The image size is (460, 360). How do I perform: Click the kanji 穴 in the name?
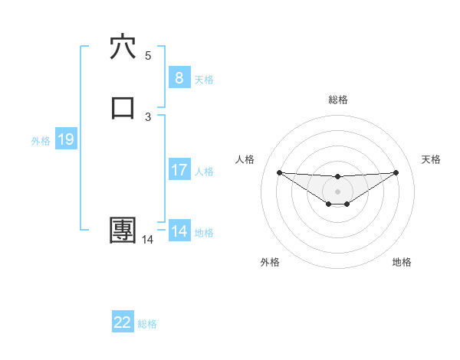click(x=123, y=47)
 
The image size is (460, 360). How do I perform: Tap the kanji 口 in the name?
click(x=123, y=108)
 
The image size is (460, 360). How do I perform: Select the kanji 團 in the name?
click(x=123, y=230)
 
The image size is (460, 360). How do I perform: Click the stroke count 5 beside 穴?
click(x=148, y=56)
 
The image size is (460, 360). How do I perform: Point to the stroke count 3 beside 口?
click(x=148, y=116)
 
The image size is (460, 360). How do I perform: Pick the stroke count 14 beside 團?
click(x=148, y=240)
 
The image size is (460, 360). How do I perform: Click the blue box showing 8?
click(x=179, y=78)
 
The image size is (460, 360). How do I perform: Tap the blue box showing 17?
click(x=179, y=170)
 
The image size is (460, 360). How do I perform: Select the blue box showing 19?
click(x=65, y=139)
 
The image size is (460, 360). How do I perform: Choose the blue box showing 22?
click(x=123, y=322)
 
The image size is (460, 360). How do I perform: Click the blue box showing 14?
click(x=179, y=231)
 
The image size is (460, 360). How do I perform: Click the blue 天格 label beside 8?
click(x=204, y=80)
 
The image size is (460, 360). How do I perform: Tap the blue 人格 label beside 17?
click(x=204, y=172)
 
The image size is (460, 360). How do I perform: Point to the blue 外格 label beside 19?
click(x=40, y=141)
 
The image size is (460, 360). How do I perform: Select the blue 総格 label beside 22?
click(x=147, y=324)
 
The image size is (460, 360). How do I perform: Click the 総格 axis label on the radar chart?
click(x=337, y=100)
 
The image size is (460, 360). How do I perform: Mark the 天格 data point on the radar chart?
click(x=396, y=172)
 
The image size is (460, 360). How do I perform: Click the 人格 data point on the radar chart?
click(x=279, y=172)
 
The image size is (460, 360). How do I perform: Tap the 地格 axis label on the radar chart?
click(x=402, y=262)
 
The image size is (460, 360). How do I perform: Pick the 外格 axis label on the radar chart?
click(x=270, y=262)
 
